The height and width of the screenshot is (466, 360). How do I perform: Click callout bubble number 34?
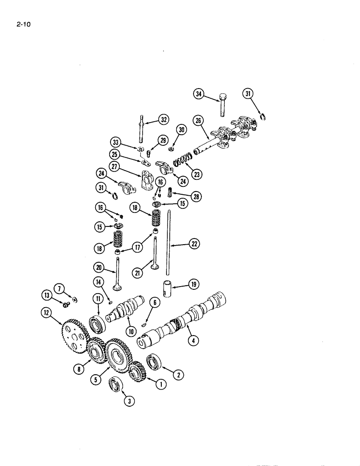[199, 95]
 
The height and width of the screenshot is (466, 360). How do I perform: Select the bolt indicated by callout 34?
[223, 105]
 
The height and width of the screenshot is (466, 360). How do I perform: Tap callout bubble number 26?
[199, 121]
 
